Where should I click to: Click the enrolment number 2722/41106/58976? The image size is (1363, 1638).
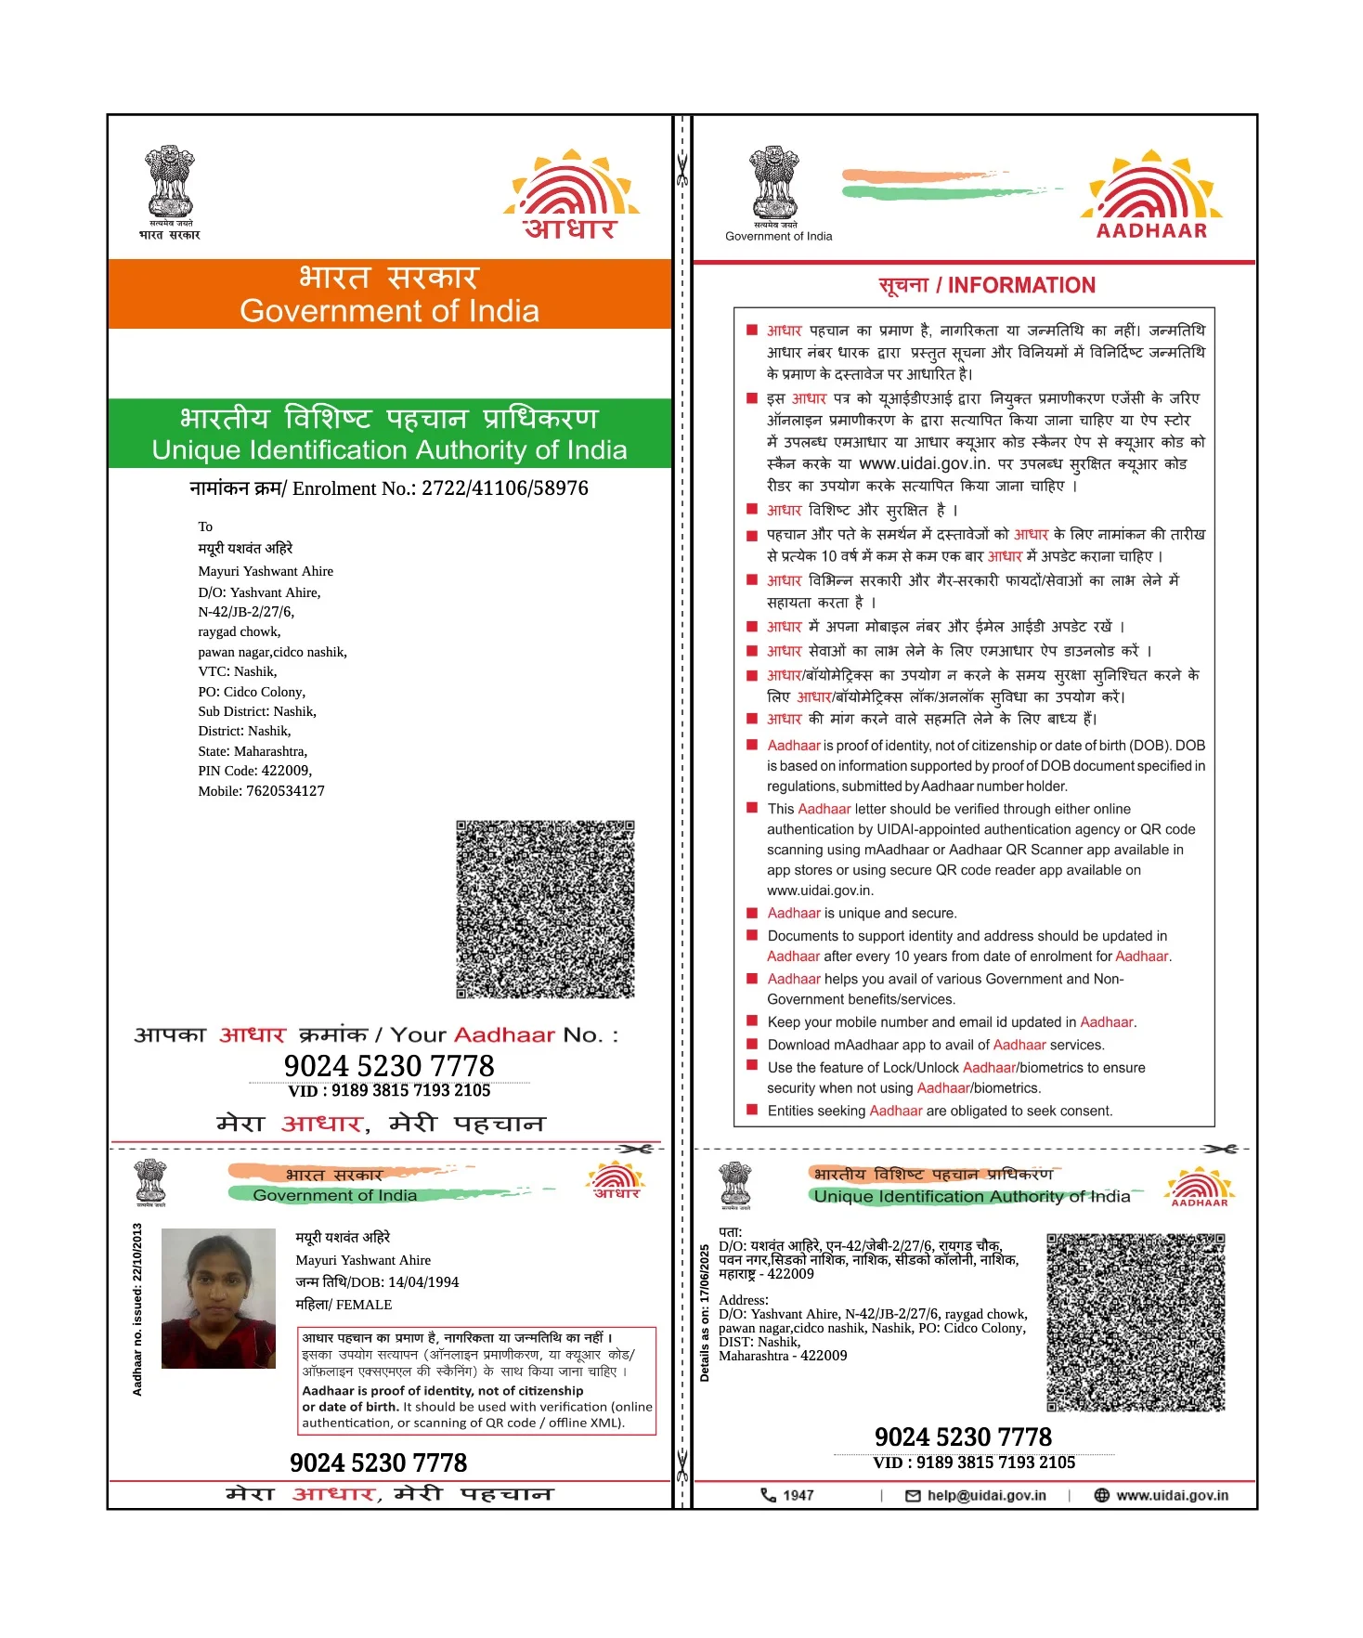(x=504, y=488)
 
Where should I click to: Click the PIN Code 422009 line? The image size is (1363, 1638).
(x=255, y=771)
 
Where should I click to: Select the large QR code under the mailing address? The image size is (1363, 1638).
(x=545, y=909)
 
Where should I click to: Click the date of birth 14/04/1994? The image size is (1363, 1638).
(x=423, y=1282)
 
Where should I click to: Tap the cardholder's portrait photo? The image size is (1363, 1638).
(x=218, y=1298)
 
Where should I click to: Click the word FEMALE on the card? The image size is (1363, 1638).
(x=364, y=1305)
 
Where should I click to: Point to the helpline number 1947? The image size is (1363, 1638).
(x=797, y=1495)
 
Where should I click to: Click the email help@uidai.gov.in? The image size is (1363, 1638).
(x=985, y=1495)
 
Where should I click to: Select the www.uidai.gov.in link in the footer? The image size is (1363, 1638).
(x=1171, y=1495)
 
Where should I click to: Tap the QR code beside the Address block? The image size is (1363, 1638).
(x=1136, y=1322)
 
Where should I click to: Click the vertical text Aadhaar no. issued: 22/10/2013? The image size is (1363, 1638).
(x=137, y=1308)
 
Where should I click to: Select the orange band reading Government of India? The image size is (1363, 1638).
(x=389, y=294)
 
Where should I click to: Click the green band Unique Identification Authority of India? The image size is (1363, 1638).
(x=389, y=434)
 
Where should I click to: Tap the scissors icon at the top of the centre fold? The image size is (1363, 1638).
(x=682, y=170)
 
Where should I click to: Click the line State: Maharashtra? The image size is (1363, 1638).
(x=253, y=751)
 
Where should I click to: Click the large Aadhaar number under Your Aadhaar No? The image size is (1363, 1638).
(x=389, y=1065)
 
